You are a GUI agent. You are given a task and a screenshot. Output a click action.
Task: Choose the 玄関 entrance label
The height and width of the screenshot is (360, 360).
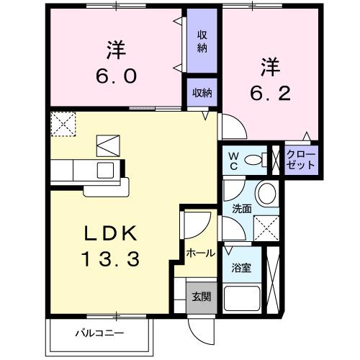[201, 296]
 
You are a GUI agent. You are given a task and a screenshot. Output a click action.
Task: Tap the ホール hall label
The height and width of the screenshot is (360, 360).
[199, 253]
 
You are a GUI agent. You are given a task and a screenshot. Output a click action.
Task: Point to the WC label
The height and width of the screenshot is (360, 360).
[235, 160]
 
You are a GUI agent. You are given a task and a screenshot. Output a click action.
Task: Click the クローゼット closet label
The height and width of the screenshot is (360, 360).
[300, 159]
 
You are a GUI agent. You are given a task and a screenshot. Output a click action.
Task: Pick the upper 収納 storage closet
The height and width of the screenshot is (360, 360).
[202, 42]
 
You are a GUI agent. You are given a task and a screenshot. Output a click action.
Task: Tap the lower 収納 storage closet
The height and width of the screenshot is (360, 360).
[202, 92]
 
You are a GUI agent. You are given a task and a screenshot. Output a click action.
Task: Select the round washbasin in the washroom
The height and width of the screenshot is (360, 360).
[266, 193]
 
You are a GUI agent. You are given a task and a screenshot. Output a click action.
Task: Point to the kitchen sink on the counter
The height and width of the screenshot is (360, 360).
[105, 170]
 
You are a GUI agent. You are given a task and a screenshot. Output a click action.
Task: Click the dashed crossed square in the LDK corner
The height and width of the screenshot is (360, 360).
[62, 123]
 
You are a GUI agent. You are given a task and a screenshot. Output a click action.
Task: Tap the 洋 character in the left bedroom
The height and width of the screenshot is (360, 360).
[115, 50]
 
